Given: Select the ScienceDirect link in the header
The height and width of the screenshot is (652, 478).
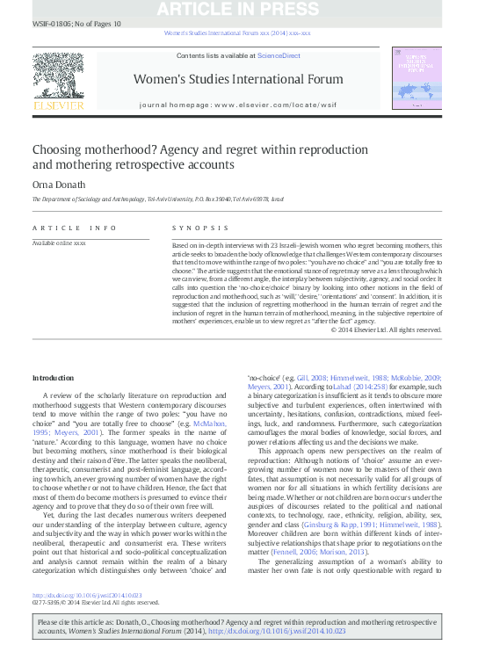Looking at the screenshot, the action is point(279,55).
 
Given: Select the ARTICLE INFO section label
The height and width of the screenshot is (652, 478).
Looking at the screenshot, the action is point(73,228).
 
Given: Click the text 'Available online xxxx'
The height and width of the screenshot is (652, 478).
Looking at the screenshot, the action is point(59,242).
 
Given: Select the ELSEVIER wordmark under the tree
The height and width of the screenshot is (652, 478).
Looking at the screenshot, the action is point(58,105).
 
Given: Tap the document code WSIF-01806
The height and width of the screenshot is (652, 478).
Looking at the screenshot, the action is point(52,23).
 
